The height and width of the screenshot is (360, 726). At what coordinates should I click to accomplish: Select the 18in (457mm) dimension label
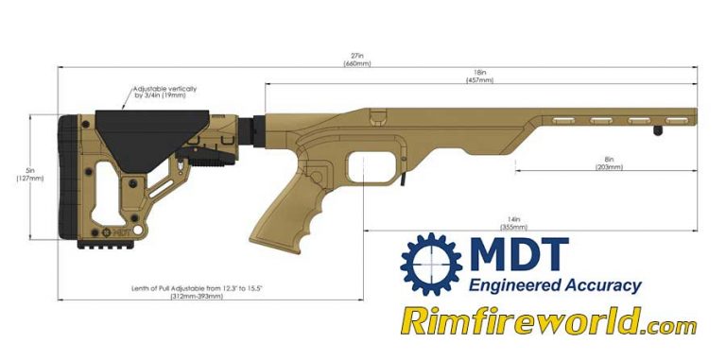[x=480, y=77]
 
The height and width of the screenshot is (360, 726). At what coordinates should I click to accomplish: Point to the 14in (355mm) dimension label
[x=515, y=223]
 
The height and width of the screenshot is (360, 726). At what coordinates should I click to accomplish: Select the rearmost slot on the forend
[x=563, y=120]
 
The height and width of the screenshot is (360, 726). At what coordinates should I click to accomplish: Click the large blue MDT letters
[x=518, y=255]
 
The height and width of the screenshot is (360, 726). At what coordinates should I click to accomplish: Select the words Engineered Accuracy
[x=555, y=285]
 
